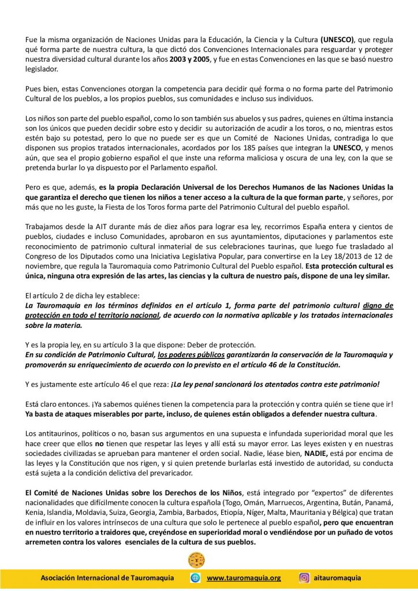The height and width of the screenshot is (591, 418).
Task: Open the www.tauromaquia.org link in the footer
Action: [x=244, y=578]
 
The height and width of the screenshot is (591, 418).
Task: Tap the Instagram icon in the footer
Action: [x=304, y=578]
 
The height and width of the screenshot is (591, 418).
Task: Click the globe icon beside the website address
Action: [x=195, y=578]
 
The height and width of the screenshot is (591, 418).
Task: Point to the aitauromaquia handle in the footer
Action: [x=337, y=578]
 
